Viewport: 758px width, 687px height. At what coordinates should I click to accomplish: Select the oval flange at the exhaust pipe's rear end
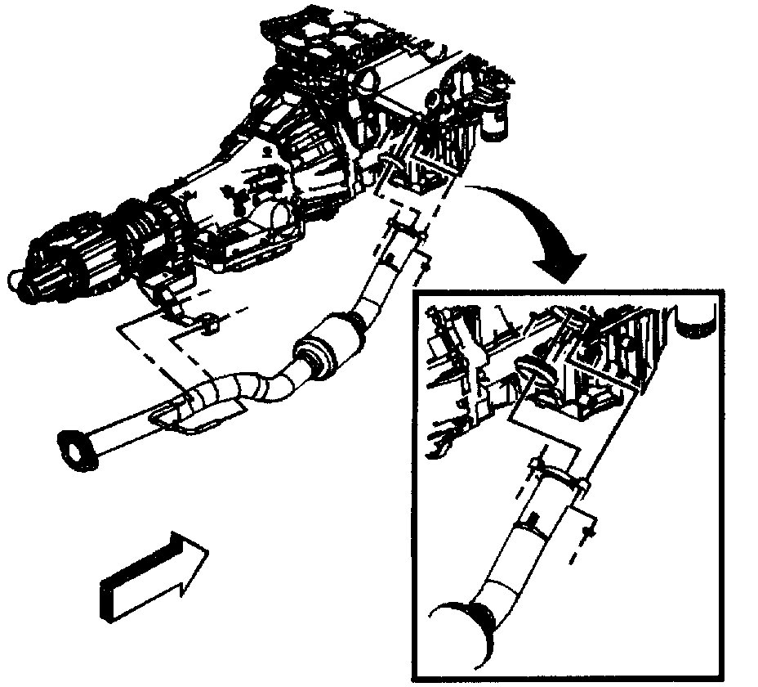(x=74, y=449)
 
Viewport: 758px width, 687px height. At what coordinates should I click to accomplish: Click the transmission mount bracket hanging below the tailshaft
(x=167, y=299)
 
